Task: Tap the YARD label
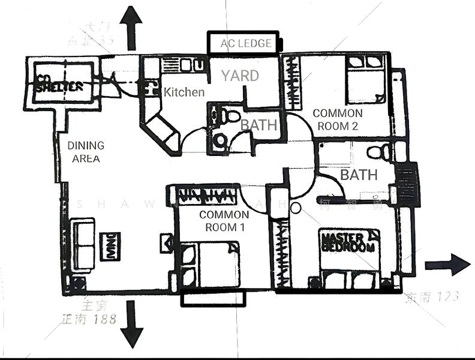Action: pyautogui.click(x=240, y=76)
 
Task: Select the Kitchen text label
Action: pyautogui.click(x=184, y=92)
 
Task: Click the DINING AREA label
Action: pyautogui.click(x=86, y=152)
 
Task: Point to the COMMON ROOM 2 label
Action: pyautogui.click(x=338, y=119)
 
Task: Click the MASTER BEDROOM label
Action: pyautogui.click(x=348, y=242)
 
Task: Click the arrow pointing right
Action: pyautogui.click(x=447, y=265)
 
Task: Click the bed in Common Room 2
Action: pyautogui.click(x=366, y=78)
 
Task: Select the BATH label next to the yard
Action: pyautogui.click(x=258, y=125)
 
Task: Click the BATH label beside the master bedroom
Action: pyautogui.click(x=359, y=175)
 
